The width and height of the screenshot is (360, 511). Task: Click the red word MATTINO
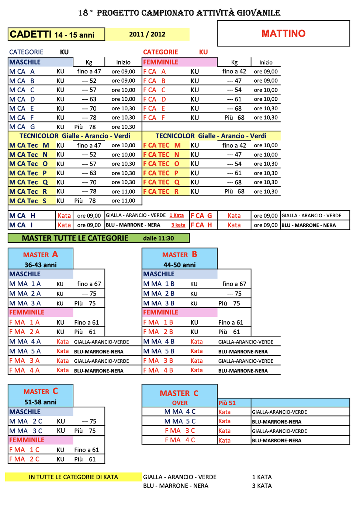[283, 34]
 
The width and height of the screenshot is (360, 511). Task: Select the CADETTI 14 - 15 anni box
[56, 34]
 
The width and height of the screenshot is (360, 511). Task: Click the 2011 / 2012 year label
[147, 34]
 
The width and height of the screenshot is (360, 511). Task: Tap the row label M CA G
[22, 127]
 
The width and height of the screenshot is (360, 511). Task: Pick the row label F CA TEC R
[161, 191]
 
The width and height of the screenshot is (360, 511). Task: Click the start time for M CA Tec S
[123, 201]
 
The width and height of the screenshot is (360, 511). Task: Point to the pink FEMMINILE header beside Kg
[161, 62]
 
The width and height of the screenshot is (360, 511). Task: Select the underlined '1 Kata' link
[177, 215]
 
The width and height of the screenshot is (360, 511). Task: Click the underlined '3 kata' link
[178, 225]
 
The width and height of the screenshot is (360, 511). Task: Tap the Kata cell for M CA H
[64, 216]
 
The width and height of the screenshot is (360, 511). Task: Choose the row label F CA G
[201, 216]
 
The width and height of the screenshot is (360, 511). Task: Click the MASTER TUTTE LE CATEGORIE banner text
[75, 238]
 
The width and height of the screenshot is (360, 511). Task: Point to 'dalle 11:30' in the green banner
[158, 238]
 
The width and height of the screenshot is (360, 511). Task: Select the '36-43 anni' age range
[41, 265]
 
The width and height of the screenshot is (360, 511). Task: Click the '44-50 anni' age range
[179, 265]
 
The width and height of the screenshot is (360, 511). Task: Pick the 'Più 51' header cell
[227, 403]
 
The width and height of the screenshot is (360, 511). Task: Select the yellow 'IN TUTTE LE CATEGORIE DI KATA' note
[73, 477]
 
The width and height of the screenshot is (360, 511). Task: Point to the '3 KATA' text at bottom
[262, 486]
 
